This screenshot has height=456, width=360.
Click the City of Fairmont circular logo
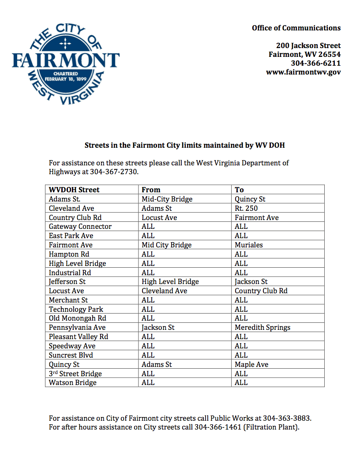click(x=66, y=60)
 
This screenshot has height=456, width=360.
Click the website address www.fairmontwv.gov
click(x=303, y=72)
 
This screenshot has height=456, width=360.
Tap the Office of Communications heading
click(x=296, y=28)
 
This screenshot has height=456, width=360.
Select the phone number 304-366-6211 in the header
click(x=315, y=63)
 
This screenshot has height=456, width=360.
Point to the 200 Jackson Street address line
click(x=308, y=45)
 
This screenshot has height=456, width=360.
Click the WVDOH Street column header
click(x=74, y=190)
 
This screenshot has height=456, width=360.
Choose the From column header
click(x=151, y=190)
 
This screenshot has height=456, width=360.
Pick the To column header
click(x=239, y=190)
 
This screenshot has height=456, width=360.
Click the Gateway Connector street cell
click(x=80, y=226)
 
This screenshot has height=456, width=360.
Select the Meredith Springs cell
click(x=262, y=327)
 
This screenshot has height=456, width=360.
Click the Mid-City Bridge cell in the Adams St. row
click(x=167, y=199)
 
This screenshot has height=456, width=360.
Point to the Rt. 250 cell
click(x=246, y=208)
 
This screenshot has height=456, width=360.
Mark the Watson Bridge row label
click(x=72, y=382)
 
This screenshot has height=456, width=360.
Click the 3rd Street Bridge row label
click(x=75, y=374)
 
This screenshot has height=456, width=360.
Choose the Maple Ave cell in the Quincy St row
click(x=251, y=364)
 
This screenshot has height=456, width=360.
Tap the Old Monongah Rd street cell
click(x=77, y=318)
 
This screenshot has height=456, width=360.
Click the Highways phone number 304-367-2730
click(x=114, y=172)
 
